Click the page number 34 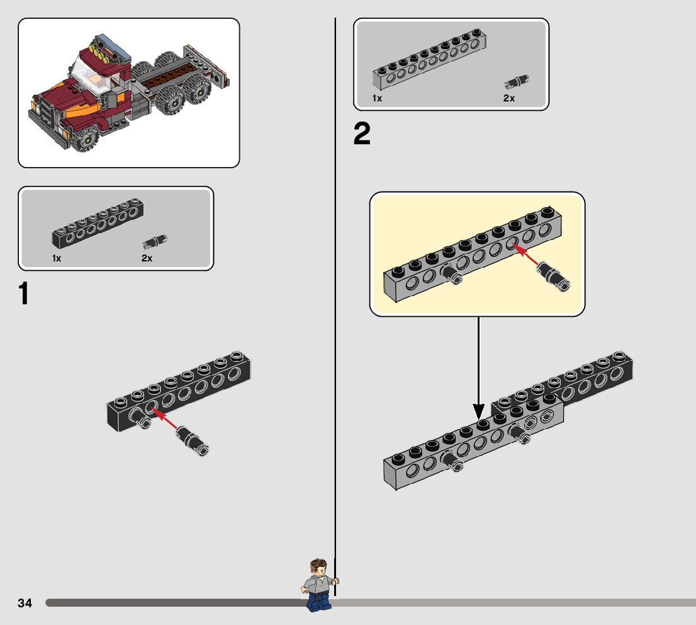point(25,603)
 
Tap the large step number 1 point(24,294)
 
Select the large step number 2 point(362,134)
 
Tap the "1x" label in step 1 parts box point(57,258)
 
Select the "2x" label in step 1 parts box point(147,258)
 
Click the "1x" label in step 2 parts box point(377,98)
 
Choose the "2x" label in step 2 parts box point(509,98)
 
